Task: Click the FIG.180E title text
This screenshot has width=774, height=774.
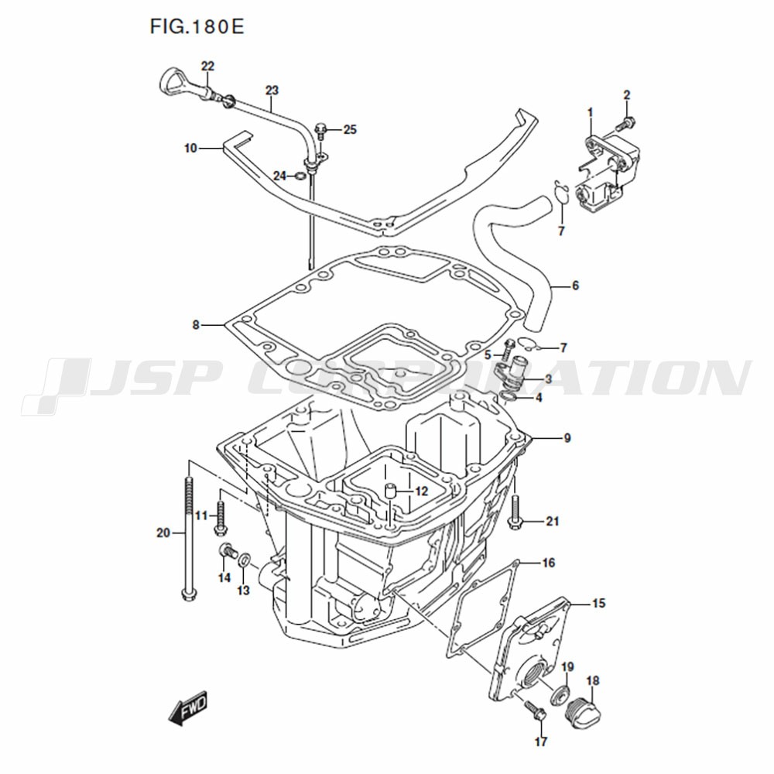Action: (197, 27)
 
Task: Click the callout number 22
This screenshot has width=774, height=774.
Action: (207, 66)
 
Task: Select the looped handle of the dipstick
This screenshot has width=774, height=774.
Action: (173, 83)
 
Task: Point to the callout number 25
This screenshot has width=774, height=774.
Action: (350, 130)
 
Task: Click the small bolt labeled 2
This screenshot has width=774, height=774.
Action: (625, 123)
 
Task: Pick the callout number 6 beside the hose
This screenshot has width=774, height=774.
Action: (575, 286)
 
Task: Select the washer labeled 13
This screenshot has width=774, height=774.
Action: (244, 560)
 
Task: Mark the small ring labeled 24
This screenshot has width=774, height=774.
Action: (300, 176)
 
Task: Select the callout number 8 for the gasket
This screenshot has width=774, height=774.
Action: (196, 325)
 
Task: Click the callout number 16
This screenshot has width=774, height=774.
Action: (549, 562)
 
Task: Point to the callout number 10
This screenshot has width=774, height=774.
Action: (190, 148)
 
